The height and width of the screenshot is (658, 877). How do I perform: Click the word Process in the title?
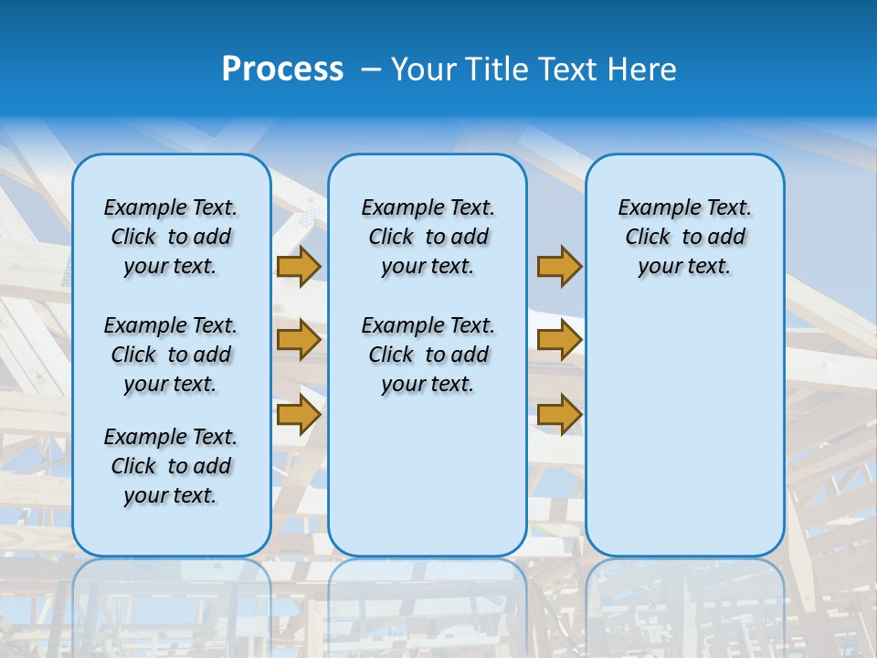point(282,69)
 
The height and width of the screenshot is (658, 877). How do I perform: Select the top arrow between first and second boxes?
point(299,267)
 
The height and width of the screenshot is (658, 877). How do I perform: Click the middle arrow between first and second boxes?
point(299,340)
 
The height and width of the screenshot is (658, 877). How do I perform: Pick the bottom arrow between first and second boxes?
point(299,414)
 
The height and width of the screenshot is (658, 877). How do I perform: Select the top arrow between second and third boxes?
point(559,267)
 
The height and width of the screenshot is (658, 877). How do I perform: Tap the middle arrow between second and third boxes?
point(559,340)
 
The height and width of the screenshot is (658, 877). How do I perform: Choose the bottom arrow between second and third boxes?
point(559,414)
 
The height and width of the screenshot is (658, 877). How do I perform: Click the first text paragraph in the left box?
point(171,237)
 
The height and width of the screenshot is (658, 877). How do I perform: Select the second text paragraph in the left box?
point(171,355)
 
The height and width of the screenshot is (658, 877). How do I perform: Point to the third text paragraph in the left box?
point(171,466)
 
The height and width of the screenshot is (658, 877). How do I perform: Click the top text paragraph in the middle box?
point(428,237)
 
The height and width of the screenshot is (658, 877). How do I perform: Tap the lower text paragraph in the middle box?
point(428,355)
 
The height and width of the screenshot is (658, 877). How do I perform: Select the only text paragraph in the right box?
point(684,237)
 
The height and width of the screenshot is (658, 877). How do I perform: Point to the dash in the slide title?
point(371,69)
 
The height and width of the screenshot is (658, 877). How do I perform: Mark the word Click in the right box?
point(648,238)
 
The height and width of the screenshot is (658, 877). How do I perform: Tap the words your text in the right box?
point(684,267)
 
